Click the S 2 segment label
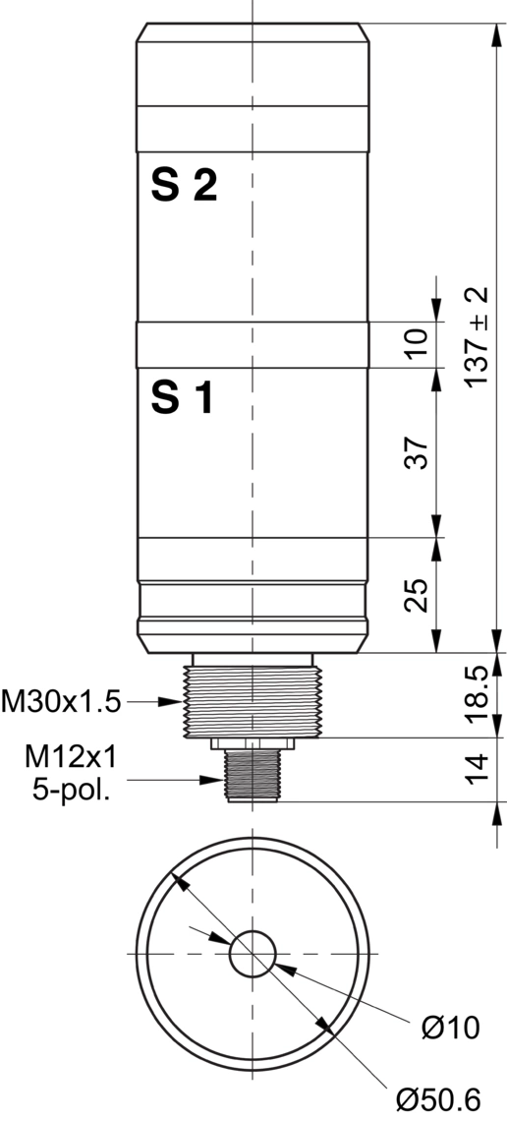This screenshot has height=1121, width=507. point(184,186)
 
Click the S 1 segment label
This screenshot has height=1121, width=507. point(182,398)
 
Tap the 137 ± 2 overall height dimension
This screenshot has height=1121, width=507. point(477,336)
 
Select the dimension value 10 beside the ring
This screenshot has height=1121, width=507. point(416,342)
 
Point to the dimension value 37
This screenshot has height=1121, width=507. point(416,451)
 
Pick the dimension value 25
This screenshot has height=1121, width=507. point(416,595)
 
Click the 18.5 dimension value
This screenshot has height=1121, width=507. point(477,693)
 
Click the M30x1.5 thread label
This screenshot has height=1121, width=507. point(61,702)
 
